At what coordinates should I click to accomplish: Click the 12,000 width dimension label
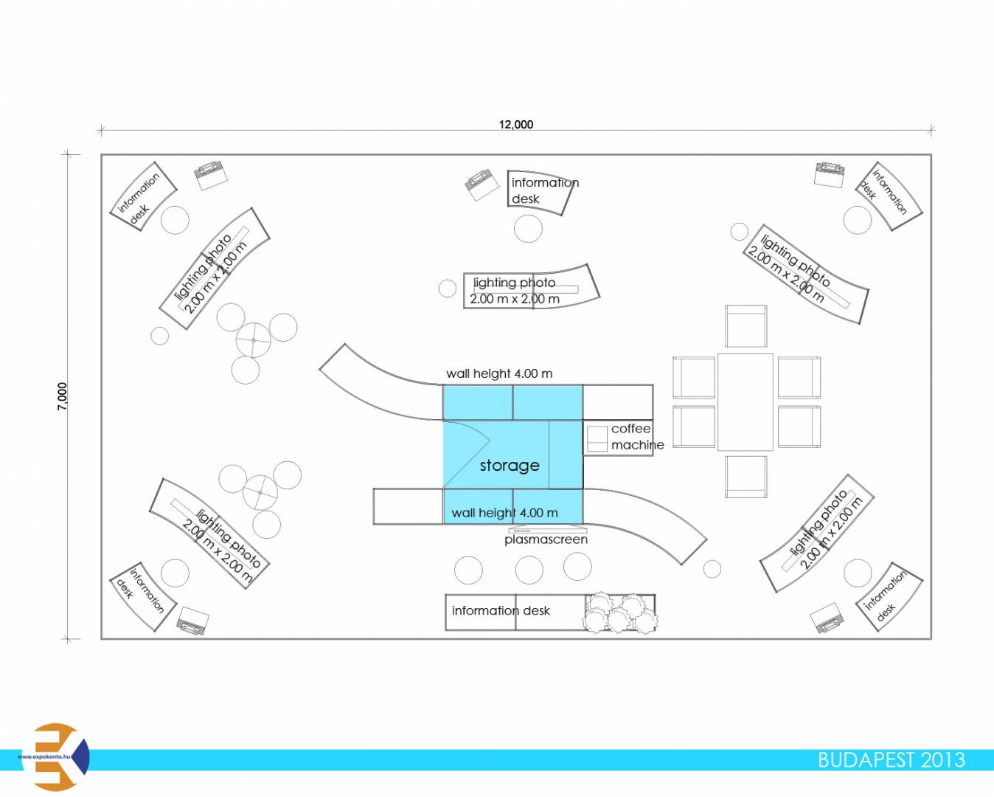tap(515, 125)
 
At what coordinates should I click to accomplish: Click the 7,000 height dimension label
tap(63, 396)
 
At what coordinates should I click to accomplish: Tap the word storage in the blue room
tap(510, 466)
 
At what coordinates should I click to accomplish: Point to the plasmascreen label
tap(546, 539)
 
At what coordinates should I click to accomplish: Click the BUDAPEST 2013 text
tap(891, 760)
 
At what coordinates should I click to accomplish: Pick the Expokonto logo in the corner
tap(56, 757)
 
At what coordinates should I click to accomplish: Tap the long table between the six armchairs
tap(745, 402)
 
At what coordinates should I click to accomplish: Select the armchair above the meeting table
tap(745, 326)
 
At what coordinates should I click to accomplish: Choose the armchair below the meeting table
tap(745, 477)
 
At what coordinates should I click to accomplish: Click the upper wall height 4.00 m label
tap(499, 373)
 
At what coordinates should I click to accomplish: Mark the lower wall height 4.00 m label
tap(504, 513)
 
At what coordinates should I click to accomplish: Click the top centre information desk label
tap(544, 190)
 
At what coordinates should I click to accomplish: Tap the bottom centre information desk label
tap(501, 611)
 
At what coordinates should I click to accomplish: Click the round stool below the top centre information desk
tap(528, 229)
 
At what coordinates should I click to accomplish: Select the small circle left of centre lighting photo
tap(448, 289)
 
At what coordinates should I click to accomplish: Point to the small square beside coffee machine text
tap(597, 438)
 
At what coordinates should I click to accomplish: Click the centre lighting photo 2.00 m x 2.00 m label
tap(515, 291)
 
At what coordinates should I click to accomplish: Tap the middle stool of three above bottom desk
tap(529, 570)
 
